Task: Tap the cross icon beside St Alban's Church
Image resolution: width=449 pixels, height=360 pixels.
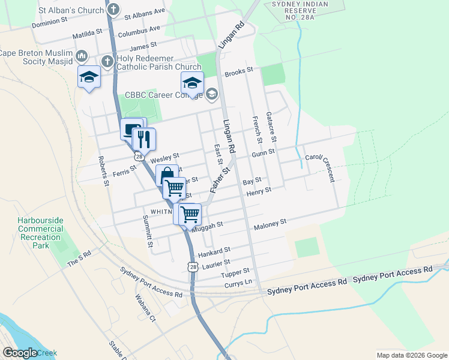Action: [113, 10]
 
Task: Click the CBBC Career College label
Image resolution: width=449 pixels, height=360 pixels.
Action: [163, 95]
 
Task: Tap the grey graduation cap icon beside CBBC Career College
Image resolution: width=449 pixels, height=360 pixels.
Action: [211, 94]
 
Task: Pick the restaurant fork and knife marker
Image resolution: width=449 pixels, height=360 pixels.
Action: [143, 140]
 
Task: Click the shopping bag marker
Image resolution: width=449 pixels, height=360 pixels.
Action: [167, 175]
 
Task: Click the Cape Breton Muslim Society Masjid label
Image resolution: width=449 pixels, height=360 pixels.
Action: [36, 56]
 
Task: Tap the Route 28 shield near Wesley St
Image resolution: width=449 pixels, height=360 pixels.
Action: [139, 157]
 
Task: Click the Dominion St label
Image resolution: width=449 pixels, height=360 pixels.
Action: [50, 21]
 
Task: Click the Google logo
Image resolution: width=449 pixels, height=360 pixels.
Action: [20, 353]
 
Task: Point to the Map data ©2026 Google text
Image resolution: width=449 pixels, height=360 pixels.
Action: [411, 355]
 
